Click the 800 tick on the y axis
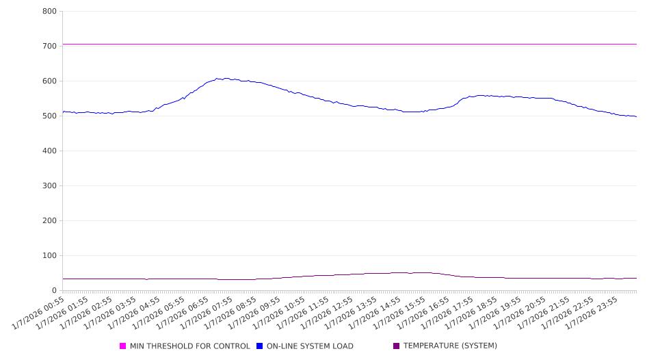coord(49,12)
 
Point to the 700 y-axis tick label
coord(49,47)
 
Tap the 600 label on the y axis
coord(49,81)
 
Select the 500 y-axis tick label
coord(49,116)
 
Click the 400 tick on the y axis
coord(49,151)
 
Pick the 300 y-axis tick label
coord(49,186)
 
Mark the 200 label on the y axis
coord(49,221)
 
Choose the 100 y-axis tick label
coord(49,256)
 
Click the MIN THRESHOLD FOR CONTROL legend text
coord(189,346)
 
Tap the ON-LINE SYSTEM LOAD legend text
coord(310,346)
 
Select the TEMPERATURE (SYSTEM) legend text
coord(450,346)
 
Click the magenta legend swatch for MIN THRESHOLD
coord(123,346)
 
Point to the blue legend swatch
coord(260,346)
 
